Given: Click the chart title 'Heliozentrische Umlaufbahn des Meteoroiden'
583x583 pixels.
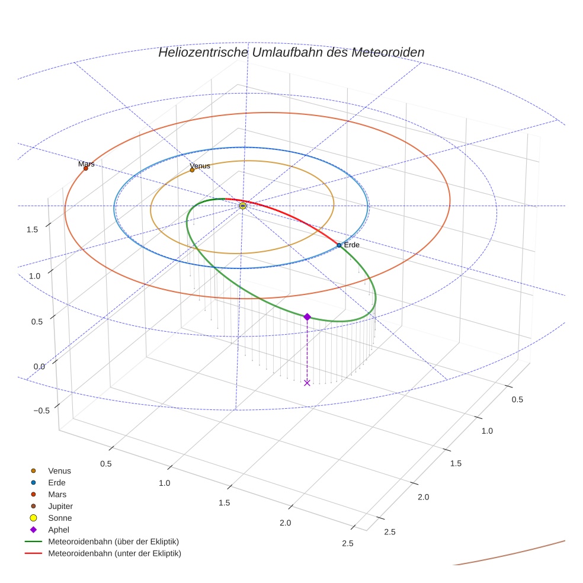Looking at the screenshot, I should (x=291, y=52).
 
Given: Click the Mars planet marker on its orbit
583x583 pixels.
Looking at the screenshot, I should (x=85, y=168).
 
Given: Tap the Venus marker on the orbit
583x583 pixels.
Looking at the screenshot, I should (x=192, y=170).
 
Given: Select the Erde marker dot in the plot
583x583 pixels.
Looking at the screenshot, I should (x=339, y=245).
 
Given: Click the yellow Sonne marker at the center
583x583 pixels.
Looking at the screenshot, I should (x=243, y=206).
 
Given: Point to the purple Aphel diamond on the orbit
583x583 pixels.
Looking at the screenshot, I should (x=307, y=317).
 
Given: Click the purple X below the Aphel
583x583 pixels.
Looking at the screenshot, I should (x=307, y=383).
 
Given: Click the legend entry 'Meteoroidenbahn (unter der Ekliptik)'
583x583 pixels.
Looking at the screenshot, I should (x=114, y=553).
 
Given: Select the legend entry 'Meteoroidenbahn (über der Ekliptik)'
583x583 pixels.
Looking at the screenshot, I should (x=113, y=542).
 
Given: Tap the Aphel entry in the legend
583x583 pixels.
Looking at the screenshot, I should (x=58, y=530).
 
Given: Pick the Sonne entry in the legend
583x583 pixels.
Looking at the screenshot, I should (x=60, y=518).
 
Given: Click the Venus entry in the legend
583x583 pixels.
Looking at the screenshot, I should (x=59, y=470).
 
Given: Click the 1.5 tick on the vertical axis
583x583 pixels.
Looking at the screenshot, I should (x=33, y=229).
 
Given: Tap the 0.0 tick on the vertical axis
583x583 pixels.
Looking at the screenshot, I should (x=39, y=366).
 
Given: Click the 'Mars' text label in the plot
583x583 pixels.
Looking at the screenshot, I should (x=86, y=164).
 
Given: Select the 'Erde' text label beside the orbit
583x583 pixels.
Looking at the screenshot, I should (x=352, y=245).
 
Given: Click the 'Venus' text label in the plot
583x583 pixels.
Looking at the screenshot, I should (x=200, y=166).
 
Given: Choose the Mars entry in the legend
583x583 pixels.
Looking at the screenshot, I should (x=57, y=494).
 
